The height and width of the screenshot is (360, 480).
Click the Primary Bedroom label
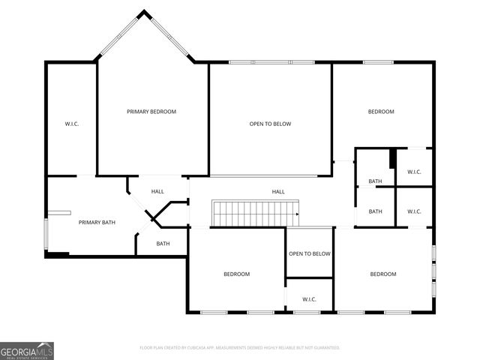click(151, 112)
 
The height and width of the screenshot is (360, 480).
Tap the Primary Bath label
click(97, 222)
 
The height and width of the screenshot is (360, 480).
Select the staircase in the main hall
click(255, 213)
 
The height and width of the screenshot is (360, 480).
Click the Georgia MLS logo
click(27, 350)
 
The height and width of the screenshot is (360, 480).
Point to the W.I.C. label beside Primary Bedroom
click(72, 124)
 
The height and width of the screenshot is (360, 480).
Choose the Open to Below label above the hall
click(270, 124)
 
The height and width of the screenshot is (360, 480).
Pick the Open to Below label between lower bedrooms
click(310, 253)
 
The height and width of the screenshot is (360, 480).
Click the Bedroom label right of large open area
click(381, 112)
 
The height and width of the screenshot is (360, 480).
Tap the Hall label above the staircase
click(278, 192)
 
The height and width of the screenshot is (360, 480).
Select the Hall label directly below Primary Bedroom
click(157, 191)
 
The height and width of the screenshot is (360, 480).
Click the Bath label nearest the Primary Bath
click(163, 243)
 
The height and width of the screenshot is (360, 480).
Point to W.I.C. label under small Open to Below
click(310, 299)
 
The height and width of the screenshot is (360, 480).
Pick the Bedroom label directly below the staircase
click(236, 274)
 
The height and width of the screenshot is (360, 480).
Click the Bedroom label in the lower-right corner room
click(383, 274)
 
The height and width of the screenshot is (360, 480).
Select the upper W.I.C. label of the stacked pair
click(415, 172)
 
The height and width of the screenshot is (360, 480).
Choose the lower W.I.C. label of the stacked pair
click(415, 211)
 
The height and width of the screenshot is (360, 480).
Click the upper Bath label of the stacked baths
click(376, 181)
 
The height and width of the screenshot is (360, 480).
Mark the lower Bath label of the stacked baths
click(376, 211)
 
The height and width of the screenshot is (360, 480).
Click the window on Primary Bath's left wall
click(46, 234)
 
